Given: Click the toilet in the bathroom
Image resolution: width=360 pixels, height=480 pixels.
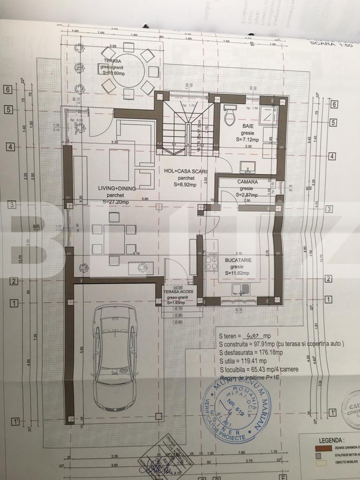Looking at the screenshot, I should [230, 116].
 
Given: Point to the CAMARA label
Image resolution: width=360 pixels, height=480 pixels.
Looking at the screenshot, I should [247, 182].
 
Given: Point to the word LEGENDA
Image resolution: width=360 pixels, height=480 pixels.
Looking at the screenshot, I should [332, 440].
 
